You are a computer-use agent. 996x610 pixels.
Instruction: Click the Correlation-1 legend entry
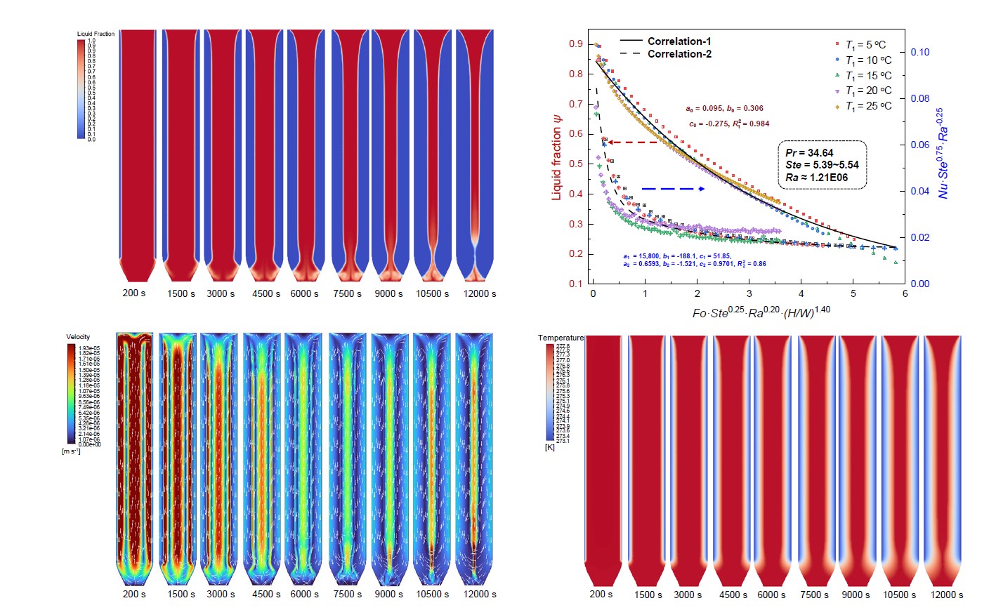tap(679, 41)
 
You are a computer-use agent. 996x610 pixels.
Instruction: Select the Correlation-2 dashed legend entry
tap(679, 54)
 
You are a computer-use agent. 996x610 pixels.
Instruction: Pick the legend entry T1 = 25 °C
tap(868, 106)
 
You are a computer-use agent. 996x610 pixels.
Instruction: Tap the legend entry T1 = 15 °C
tap(868, 76)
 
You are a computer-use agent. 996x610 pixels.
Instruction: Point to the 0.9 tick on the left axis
tap(576, 44)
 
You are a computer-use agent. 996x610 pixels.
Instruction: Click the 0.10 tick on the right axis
tap(919, 52)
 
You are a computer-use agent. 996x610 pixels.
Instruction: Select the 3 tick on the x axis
tap(749, 293)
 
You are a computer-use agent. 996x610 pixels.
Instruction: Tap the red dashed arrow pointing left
tap(632, 142)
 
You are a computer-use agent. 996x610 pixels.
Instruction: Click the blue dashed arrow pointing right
tap(673, 189)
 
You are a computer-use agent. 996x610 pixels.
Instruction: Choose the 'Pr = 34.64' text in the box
tap(809, 153)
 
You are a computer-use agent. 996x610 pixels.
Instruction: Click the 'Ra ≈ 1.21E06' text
tap(816, 178)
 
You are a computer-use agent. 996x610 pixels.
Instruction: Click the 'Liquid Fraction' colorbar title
tap(96, 34)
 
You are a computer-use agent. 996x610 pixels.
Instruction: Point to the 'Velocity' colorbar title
tap(78, 337)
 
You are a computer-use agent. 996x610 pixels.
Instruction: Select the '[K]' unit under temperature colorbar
tap(549, 447)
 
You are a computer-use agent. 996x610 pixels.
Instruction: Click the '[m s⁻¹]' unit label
tap(71, 451)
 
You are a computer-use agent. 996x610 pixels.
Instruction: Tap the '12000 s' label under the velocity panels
tap(480, 594)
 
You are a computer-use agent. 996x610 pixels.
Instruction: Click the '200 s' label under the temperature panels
tap(601, 594)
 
